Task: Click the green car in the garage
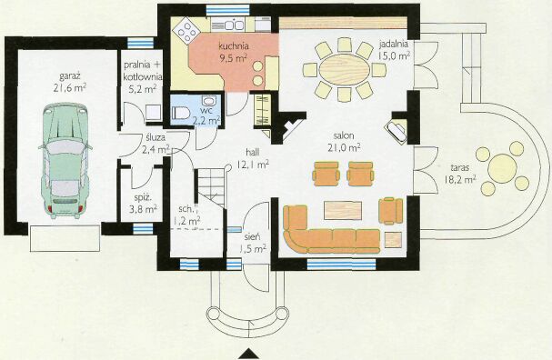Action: [x=65, y=161]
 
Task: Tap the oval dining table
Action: [x=345, y=69]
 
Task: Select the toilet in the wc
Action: [x=181, y=113]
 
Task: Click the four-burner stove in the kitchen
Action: [x=186, y=30]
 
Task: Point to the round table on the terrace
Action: [x=502, y=168]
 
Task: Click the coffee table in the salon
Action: [x=343, y=210]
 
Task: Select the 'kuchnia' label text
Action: [x=234, y=45]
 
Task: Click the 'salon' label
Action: [x=344, y=135]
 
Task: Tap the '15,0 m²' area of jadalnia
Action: [x=394, y=55]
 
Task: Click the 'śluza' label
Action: [x=154, y=137]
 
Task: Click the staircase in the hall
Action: [x=210, y=188]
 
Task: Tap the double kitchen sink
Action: [x=233, y=25]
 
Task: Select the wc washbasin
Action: [x=210, y=101]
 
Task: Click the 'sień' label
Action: [x=252, y=237]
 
